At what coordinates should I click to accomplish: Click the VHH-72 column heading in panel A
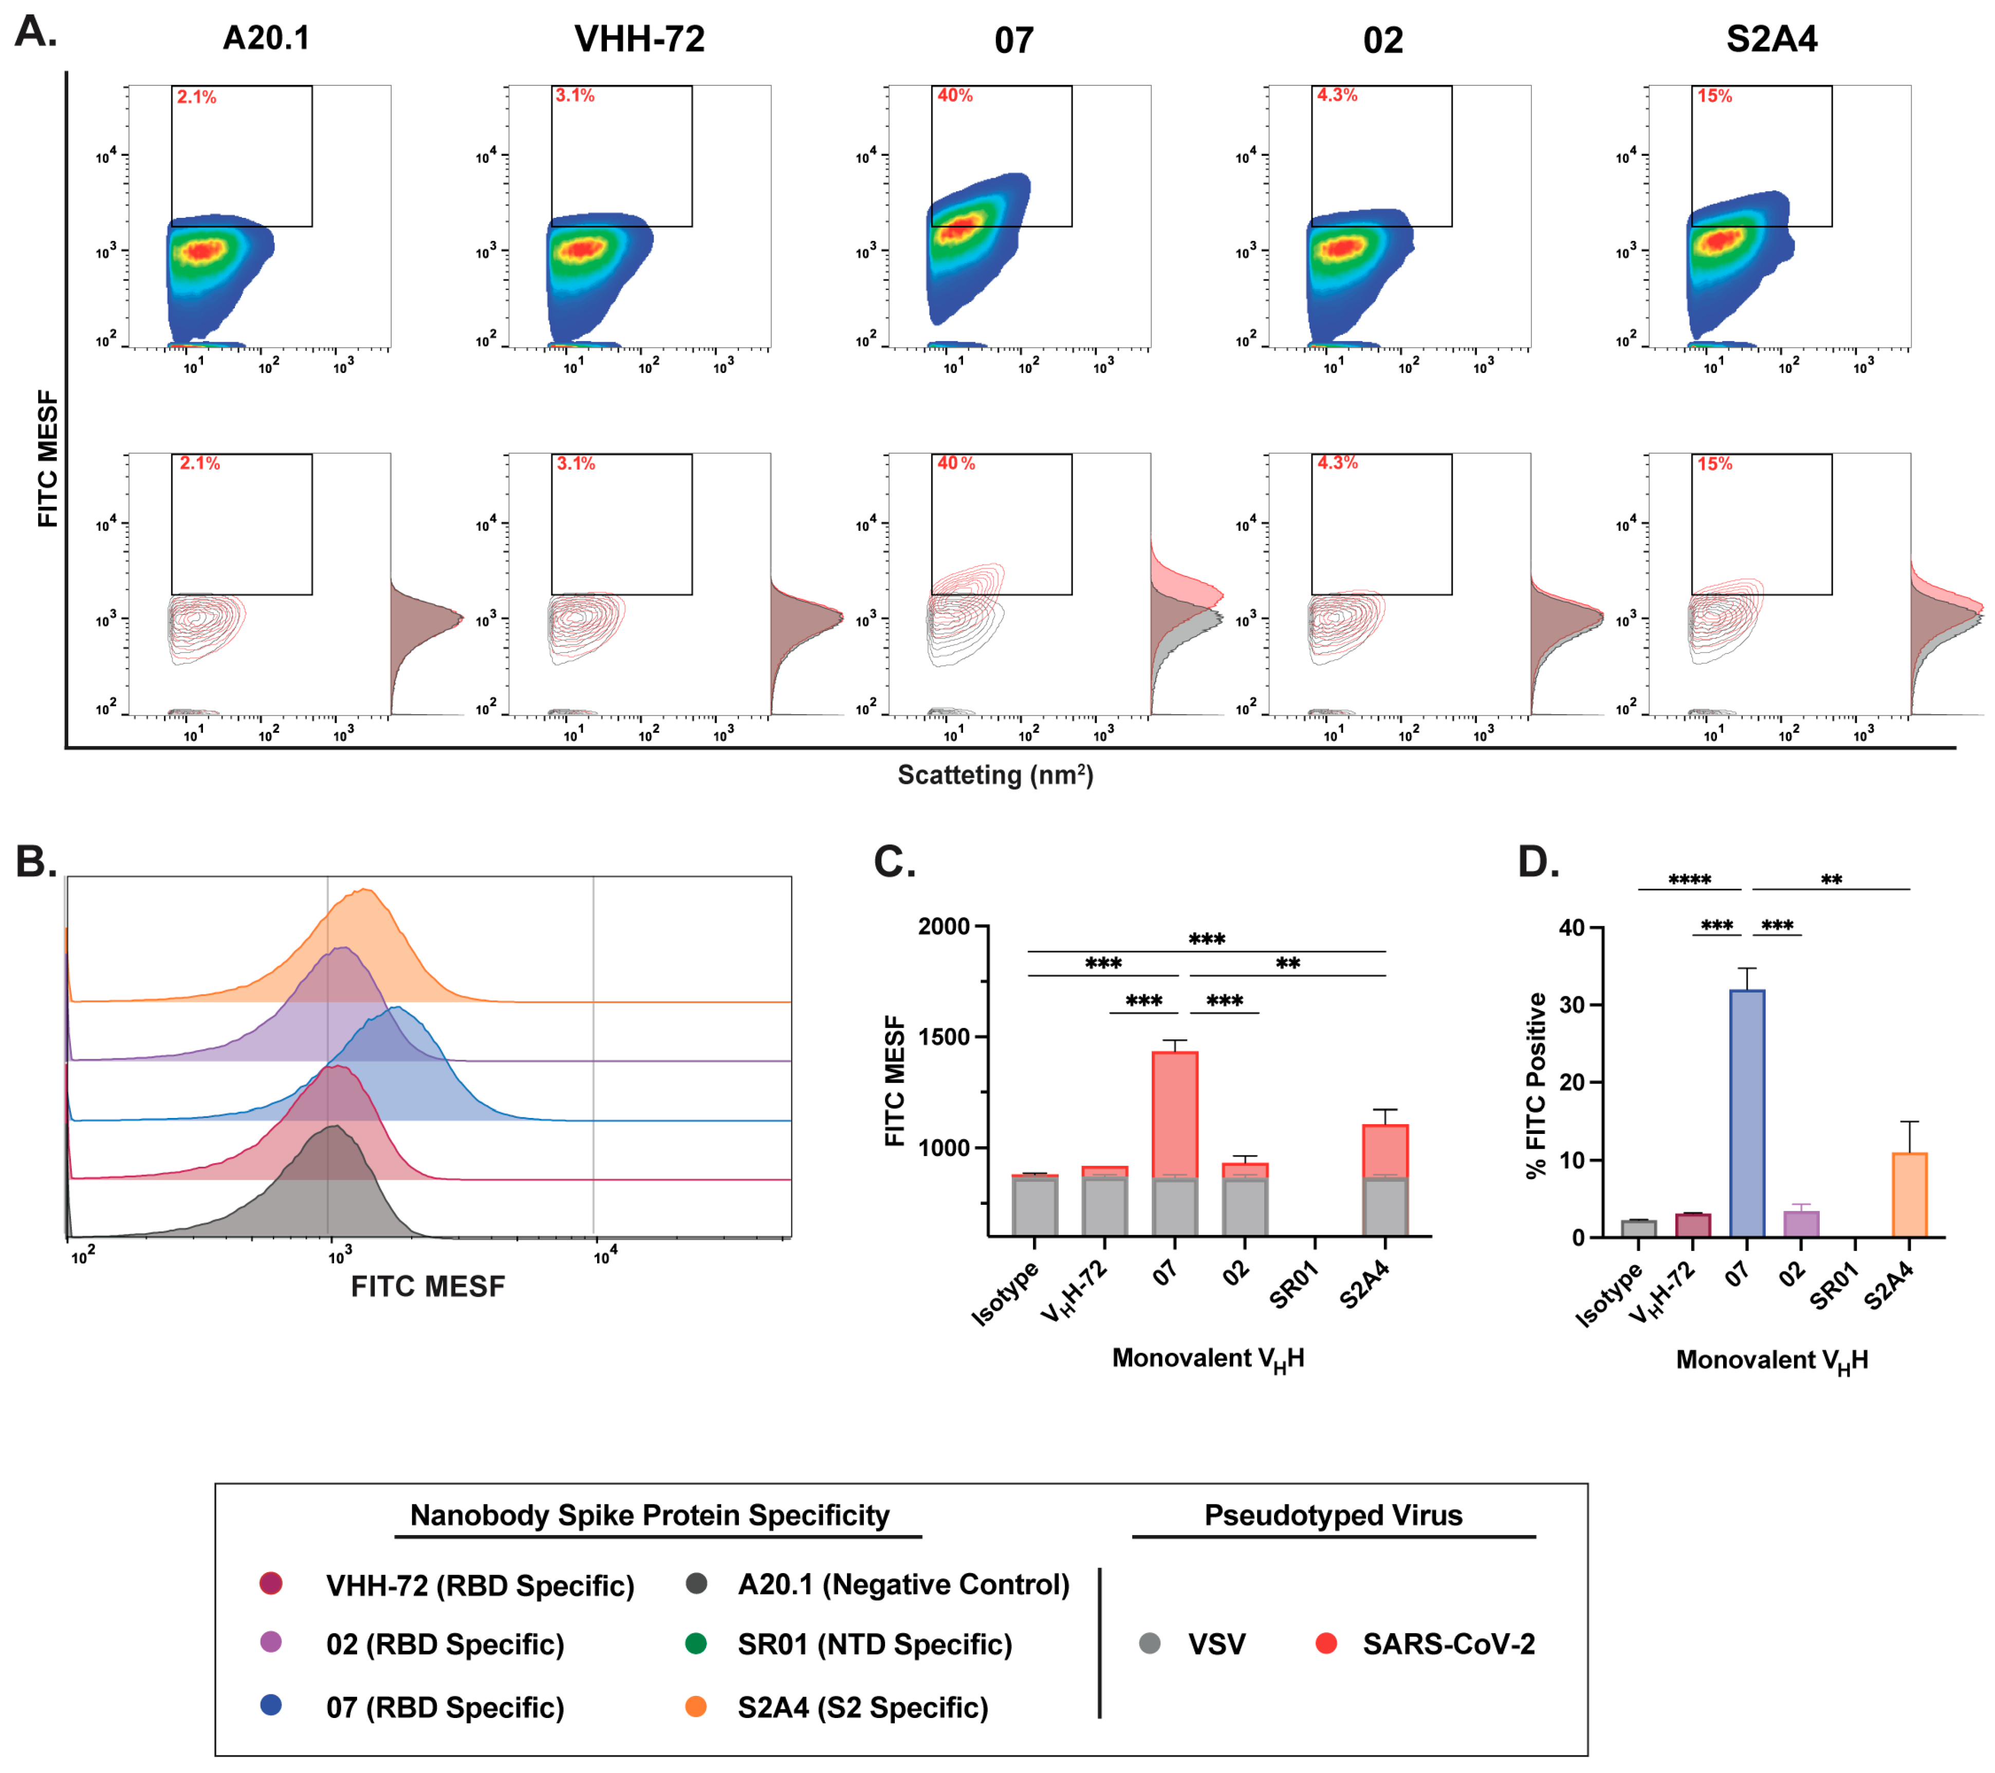coord(639,39)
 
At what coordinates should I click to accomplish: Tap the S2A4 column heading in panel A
coord(1771,39)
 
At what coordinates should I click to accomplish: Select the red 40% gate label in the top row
coord(954,96)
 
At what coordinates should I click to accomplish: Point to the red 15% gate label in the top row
coord(1714,96)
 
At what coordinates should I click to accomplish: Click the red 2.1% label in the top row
coord(196,97)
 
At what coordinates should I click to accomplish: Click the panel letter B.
coord(36,862)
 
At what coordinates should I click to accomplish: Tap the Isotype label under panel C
coord(1005,1293)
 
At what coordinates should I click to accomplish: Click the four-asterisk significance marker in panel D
coord(1690,880)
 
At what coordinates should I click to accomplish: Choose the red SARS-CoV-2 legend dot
coord(1325,1643)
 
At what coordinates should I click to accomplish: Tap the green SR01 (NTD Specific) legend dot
coord(696,1643)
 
